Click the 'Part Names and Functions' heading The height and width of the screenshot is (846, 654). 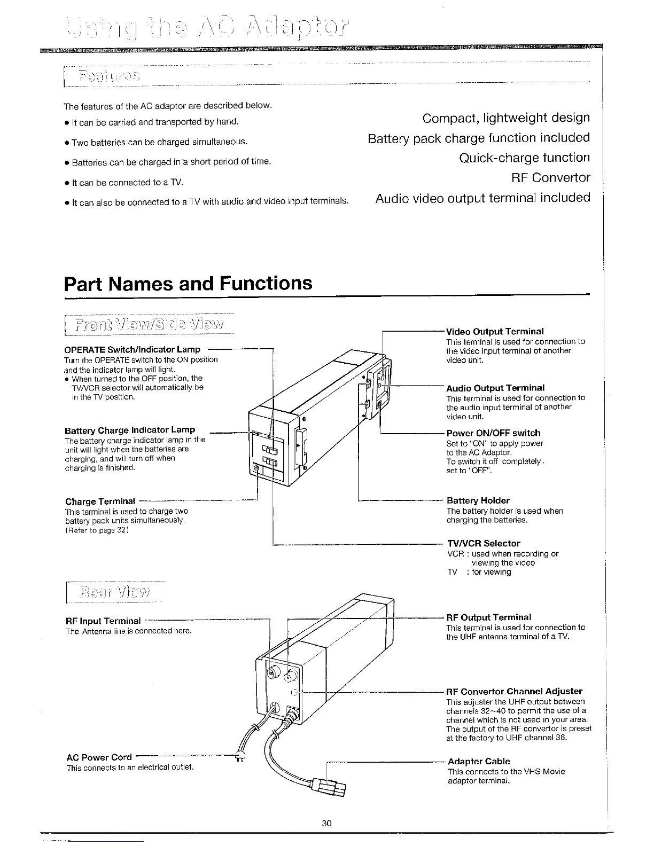(188, 283)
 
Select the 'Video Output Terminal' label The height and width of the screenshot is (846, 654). (495, 332)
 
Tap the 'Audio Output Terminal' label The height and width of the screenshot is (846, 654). (495, 388)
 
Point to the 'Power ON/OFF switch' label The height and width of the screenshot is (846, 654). (493, 433)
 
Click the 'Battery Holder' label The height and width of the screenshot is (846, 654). (478, 500)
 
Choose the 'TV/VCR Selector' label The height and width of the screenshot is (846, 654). (483, 543)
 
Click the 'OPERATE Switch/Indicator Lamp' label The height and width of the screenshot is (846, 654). (132, 349)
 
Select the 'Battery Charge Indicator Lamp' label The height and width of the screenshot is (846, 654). (129, 430)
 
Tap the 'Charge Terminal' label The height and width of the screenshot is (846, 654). (100, 502)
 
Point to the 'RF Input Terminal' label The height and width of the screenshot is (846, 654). (103, 621)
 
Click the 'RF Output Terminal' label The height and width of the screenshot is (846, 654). (488, 617)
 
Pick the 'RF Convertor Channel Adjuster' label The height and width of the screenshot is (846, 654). (514, 691)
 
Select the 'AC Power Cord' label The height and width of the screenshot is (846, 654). (99, 757)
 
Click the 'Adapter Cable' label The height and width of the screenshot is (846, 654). (479, 761)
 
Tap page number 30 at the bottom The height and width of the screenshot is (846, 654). (327, 823)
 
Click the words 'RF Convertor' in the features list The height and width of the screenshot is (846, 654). (551, 177)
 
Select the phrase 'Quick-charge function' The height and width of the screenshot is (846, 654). (524, 158)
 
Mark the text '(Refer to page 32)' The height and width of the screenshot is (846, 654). (97, 530)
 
